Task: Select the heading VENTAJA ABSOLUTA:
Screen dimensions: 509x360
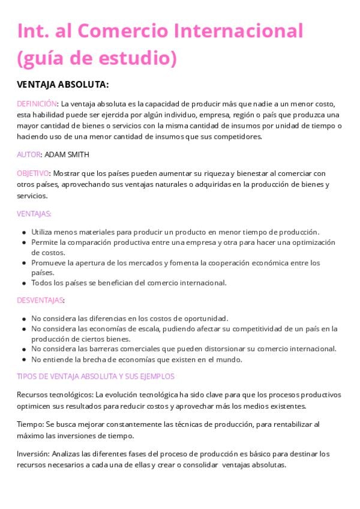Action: click(62, 85)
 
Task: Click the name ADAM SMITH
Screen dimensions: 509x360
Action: click(67, 154)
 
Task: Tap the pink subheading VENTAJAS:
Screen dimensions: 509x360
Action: click(34, 214)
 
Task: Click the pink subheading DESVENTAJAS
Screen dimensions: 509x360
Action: click(40, 300)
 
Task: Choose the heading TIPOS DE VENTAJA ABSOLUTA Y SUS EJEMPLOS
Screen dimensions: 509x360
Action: click(95, 376)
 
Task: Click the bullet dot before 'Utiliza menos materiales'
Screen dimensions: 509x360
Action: click(23, 232)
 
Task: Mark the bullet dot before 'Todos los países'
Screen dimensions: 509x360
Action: click(23, 283)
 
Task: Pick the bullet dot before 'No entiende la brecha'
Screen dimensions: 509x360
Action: click(23, 360)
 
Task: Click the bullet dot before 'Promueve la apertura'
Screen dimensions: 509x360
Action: click(23, 263)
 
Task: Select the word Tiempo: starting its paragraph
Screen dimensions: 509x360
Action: click(30, 424)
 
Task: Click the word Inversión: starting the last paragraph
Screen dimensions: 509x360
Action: click(33, 454)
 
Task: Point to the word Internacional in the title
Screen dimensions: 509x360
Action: click(238, 31)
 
